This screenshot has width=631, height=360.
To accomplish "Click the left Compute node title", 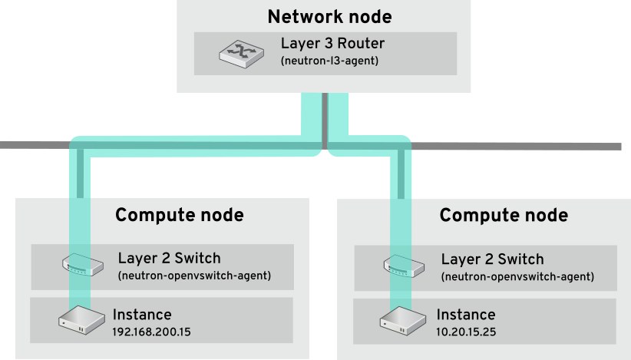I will pos(180,215).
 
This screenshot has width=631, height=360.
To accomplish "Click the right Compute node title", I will pos(504,215).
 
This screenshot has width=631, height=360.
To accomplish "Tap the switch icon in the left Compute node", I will pos(81,265).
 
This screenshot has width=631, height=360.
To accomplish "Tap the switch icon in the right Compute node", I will pos(405,265).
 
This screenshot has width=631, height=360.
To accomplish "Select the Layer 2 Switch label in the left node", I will pos(169,258).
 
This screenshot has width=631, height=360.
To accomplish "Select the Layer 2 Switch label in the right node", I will pos(492,259).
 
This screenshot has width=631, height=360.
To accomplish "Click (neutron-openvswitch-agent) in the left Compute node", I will pos(193,275).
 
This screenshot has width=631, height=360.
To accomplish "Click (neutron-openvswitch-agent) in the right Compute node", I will pos(517,276).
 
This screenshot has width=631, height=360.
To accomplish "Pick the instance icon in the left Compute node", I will pos(81,319).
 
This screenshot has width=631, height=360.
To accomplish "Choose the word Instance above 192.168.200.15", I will pos(142,314).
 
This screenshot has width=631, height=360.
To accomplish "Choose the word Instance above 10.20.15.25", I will pos(466,315).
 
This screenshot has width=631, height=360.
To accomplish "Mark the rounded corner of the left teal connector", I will pos(74,144).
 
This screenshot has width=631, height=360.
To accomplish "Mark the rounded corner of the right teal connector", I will pos(405,144).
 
